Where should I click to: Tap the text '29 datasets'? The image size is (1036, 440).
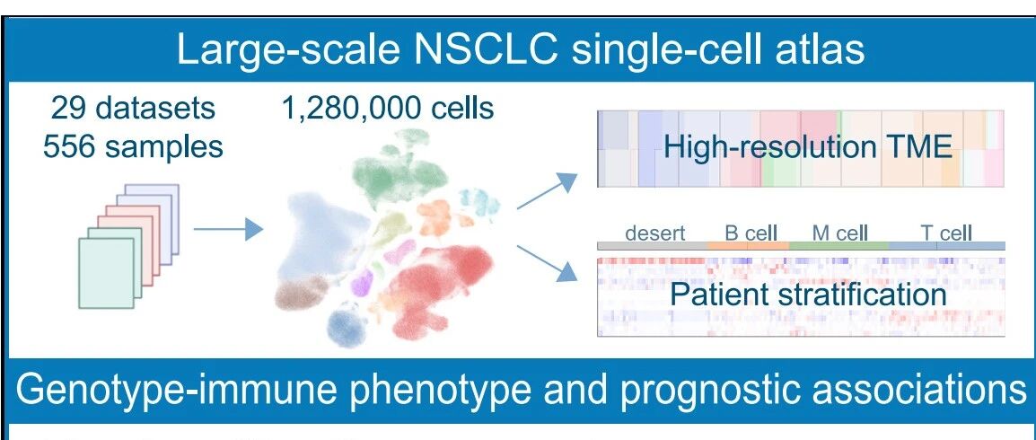133,108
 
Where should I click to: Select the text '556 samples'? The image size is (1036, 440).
133,146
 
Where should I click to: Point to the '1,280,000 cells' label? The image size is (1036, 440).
388,108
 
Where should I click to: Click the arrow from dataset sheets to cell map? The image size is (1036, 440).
228,229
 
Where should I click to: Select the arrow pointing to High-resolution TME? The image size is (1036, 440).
547,190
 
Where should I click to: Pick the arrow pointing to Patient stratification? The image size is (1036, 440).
547,264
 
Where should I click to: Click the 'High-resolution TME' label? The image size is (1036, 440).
807,146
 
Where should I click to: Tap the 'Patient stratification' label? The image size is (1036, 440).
808,294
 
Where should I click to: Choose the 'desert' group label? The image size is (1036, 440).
655,233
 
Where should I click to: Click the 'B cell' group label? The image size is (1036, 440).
751,233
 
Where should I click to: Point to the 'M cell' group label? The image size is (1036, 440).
839,233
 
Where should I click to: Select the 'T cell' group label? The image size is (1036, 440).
946,233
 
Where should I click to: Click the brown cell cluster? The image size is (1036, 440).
302,292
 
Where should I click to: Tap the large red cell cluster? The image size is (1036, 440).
437,287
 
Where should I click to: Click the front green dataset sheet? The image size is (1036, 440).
106,273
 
